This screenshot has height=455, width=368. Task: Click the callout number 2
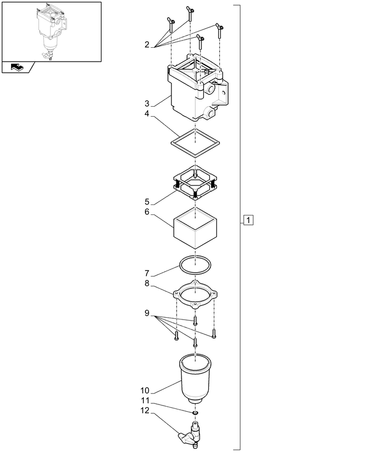coord(147,44)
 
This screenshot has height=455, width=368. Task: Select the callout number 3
coord(147,103)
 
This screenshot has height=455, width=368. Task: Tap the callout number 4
coord(147,114)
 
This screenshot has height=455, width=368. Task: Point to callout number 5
coord(147,202)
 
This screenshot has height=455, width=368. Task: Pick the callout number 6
coord(147,212)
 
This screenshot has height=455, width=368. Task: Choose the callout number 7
coord(147,273)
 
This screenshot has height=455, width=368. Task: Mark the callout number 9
coord(147,313)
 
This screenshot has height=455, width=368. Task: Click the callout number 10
coord(145,391)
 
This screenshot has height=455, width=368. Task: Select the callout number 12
coord(145,411)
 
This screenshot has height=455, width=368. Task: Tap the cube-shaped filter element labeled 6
coord(195,228)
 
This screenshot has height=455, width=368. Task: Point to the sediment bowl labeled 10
coord(195,379)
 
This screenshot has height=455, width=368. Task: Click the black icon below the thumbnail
coord(17,67)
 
